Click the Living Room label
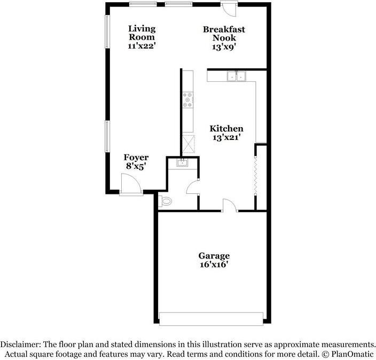pyautogui.click(x=142, y=33)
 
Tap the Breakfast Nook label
pyautogui.click(x=224, y=34)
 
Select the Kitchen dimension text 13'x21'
pyautogui.click(x=226, y=137)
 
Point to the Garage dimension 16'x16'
pyautogui.click(x=214, y=264)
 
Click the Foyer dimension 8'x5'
pyautogui.click(x=136, y=166)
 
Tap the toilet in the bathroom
pyautogui.click(x=165, y=201)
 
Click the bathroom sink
pyautogui.click(x=183, y=162)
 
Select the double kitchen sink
pyautogui.click(x=237, y=76)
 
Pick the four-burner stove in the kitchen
pyautogui.click(x=188, y=100)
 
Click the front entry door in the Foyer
pyautogui.click(x=131, y=184)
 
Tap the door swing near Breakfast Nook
pyautogui.click(x=229, y=9)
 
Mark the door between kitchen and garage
pyautogui.click(x=230, y=206)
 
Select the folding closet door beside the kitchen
pyautogui.click(x=256, y=175)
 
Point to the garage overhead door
pyautogui.click(x=211, y=319)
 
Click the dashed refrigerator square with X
pyautogui.click(x=189, y=144)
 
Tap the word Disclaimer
pyautogui.click(x=20, y=345)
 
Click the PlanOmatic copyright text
pyautogui.click(x=348, y=354)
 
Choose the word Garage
pyautogui.click(x=214, y=256)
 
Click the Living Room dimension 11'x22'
pyautogui.click(x=142, y=46)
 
